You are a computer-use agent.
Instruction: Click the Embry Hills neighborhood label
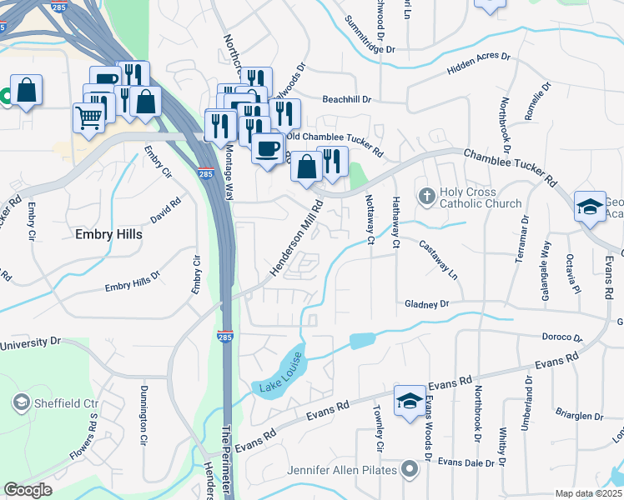click(x=108, y=235)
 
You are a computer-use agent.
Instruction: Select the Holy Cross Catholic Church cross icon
click(x=426, y=197)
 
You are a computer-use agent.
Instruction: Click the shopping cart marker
click(x=88, y=116)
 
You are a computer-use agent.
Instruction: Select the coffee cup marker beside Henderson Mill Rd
click(x=267, y=149)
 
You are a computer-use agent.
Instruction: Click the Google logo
click(x=28, y=490)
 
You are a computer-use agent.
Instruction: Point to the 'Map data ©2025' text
click(x=588, y=493)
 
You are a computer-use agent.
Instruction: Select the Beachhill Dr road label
click(x=341, y=99)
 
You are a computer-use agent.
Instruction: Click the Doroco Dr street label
click(x=560, y=337)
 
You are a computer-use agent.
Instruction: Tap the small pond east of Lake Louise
click(x=362, y=340)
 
